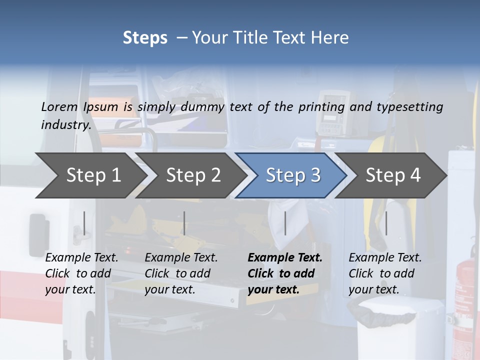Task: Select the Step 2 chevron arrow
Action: coord(193,175)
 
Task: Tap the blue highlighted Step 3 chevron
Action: coord(293,175)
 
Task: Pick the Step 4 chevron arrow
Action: coord(393,175)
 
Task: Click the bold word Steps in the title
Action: coord(145,38)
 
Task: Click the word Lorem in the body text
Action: coord(59,106)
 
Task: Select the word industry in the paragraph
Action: coord(65,124)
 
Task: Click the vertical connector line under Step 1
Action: coord(84,223)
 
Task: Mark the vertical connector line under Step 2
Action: coord(184,223)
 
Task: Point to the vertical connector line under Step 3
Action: coord(285,223)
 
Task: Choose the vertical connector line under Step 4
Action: coord(386,223)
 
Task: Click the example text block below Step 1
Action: coord(81,273)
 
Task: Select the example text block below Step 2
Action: coord(181,273)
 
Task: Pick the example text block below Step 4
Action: coord(385,273)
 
